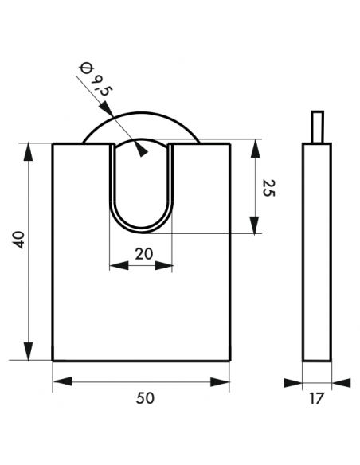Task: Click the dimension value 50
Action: pyautogui.click(x=145, y=398)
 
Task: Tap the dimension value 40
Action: pyautogui.click(x=20, y=240)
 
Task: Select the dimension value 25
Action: pyautogui.click(x=269, y=188)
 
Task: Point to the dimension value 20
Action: pyautogui.click(x=144, y=254)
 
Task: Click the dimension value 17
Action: pyautogui.click(x=316, y=398)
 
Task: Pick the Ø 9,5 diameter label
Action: pyautogui.click(x=94, y=80)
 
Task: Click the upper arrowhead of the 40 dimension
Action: pyautogui.click(x=29, y=152)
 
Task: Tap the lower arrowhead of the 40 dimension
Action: pyautogui.click(x=29, y=351)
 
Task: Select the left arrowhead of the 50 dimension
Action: pyautogui.click(x=63, y=381)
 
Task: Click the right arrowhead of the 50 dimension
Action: pyautogui.click(x=220, y=382)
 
